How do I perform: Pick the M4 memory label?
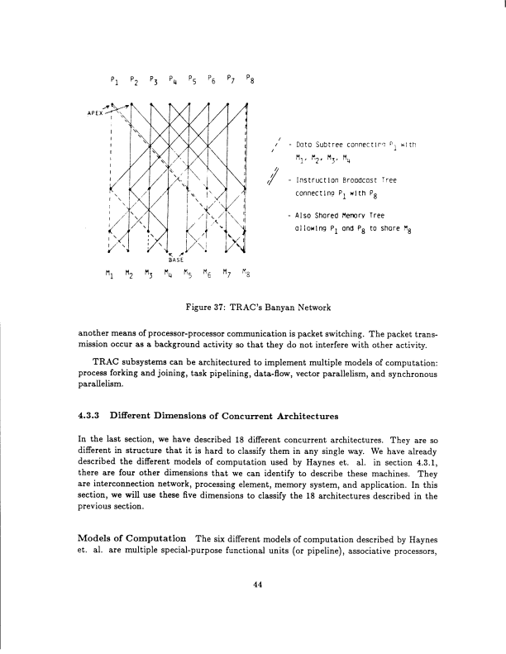coord(168,270)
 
